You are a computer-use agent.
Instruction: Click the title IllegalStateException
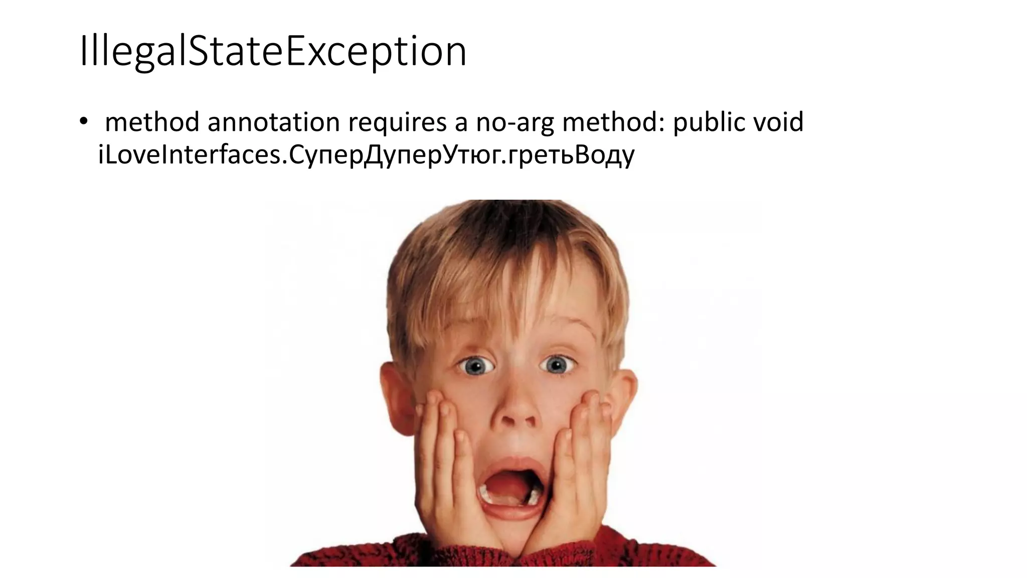[273, 51]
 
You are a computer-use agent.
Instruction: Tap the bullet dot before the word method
[83, 122]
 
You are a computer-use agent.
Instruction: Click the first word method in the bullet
[152, 122]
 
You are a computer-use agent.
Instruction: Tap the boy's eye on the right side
[557, 364]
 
